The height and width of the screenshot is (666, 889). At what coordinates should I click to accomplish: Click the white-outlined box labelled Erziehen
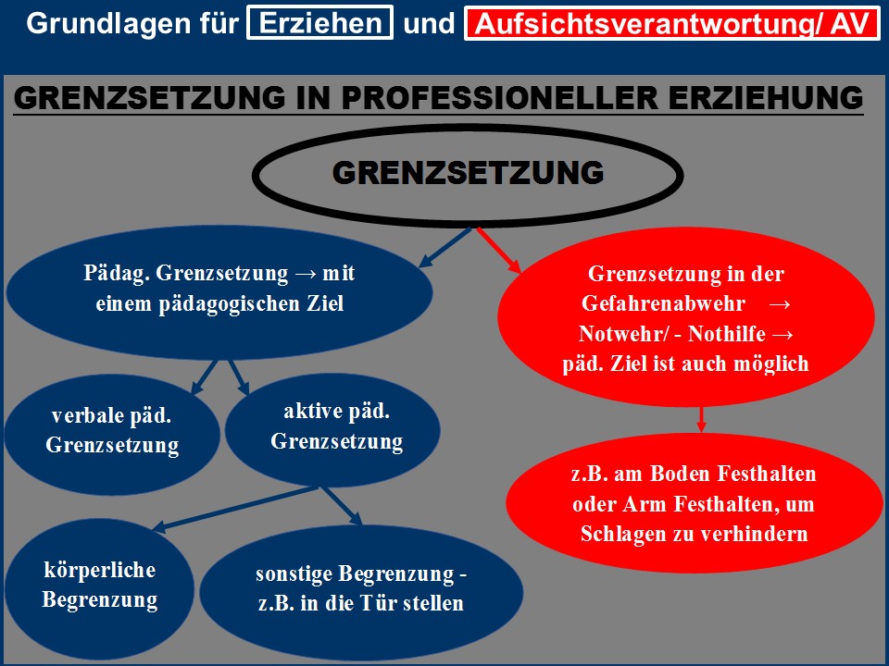point(319,22)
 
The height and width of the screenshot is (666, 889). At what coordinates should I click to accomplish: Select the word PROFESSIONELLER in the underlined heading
point(499,97)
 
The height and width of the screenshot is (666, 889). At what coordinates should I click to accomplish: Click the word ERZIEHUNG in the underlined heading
point(766,97)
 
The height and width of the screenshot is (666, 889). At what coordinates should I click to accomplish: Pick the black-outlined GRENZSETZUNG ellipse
point(467,175)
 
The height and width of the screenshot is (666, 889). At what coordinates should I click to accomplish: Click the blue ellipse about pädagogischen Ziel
point(219,292)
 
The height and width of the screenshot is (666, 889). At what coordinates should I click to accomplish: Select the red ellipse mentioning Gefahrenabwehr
point(686,317)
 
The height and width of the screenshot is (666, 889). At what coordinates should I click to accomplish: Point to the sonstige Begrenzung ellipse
point(361,591)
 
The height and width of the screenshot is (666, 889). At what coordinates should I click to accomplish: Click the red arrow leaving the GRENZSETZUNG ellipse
point(499,251)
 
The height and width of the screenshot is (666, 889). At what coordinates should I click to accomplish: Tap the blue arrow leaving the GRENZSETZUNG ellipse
point(445,247)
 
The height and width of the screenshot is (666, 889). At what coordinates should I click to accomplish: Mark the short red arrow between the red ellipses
point(701,419)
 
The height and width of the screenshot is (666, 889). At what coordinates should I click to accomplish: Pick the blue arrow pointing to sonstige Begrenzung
point(342,505)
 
